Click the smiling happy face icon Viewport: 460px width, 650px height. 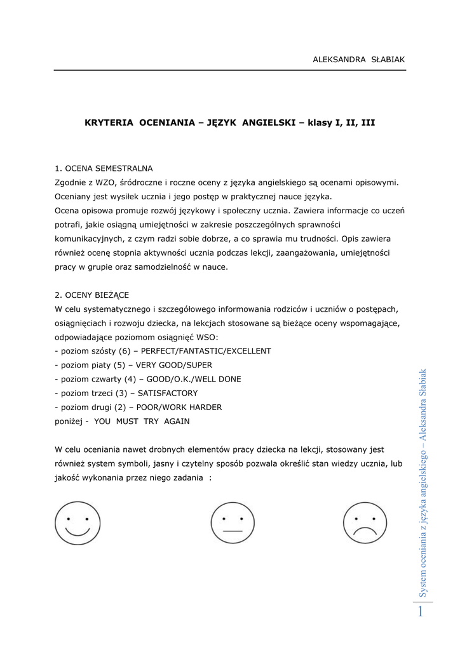click(77, 523)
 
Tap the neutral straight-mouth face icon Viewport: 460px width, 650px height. click(232, 523)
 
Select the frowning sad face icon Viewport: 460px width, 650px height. click(365, 523)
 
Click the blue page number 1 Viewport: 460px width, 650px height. click(419, 612)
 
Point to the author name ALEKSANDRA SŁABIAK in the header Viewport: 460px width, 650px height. click(358, 59)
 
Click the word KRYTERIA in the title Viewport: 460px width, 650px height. click(109, 122)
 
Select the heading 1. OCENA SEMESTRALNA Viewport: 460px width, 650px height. click(104, 169)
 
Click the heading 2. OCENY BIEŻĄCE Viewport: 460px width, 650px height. click(92, 295)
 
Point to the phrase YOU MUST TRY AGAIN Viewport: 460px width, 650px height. click(141, 421)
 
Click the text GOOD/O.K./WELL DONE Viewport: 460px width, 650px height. click(191, 379)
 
